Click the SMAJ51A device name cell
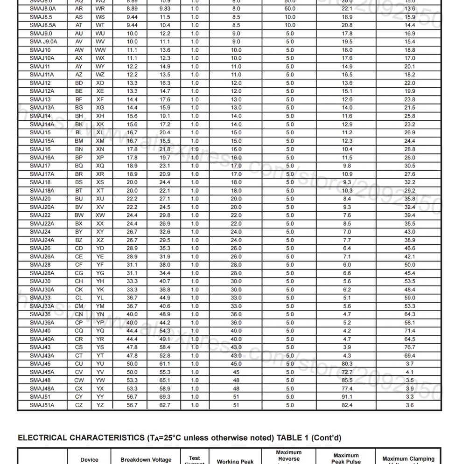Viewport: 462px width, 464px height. click(x=42, y=405)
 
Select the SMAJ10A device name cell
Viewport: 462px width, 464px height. click(x=42, y=58)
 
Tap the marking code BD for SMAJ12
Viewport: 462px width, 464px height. click(x=79, y=83)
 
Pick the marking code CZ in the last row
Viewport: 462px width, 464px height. click(x=79, y=405)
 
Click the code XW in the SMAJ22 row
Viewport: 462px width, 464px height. click(x=100, y=215)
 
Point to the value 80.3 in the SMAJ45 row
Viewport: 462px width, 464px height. click(x=347, y=364)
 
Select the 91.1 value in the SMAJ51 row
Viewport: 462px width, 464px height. click(x=347, y=397)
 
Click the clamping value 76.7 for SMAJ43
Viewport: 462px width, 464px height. click(x=409, y=347)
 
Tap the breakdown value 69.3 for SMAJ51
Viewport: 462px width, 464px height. click(x=165, y=397)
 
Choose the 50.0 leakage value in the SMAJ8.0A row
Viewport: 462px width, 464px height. click(x=290, y=9)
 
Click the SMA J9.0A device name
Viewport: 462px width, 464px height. click(x=42, y=42)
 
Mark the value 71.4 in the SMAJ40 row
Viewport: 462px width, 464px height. click(x=409, y=331)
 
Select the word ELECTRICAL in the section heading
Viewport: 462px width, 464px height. click(x=42, y=438)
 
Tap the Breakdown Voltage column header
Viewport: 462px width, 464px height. click(x=146, y=460)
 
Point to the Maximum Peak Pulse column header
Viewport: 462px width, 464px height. click(x=346, y=458)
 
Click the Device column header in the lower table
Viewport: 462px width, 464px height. click(x=89, y=460)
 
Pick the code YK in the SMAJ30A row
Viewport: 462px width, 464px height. click(x=100, y=290)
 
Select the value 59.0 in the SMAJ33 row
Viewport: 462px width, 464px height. click(x=409, y=298)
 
